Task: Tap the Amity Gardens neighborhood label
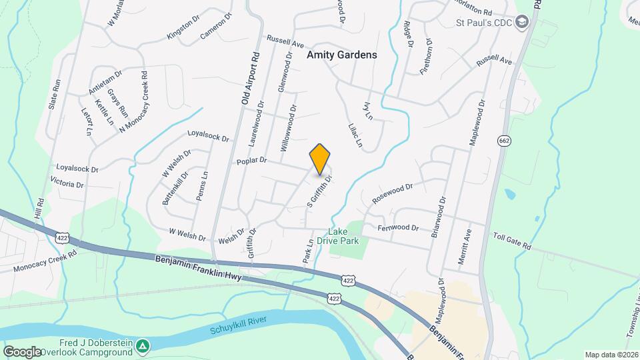tap(341, 55)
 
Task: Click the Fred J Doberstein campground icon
tap(142, 345)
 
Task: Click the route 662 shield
tap(503, 140)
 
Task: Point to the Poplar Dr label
tap(251, 160)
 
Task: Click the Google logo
tap(23, 351)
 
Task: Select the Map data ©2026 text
tap(610, 355)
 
